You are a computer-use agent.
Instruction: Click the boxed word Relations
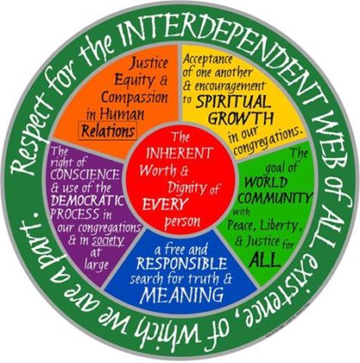pyautogui.click(x=108, y=131)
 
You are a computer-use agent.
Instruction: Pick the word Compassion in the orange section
pyautogui.click(x=135, y=98)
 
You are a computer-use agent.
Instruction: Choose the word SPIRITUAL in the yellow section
pyautogui.click(x=233, y=101)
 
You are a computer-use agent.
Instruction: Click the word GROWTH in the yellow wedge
pyautogui.click(x=241, y=118)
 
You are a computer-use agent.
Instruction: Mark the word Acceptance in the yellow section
pyautogui.click(x=207, y=59)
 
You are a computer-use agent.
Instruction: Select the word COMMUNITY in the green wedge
pyautogui.click(x=278, y=197)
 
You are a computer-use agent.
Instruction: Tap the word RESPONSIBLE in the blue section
pyautogui.click(x=182, y=263)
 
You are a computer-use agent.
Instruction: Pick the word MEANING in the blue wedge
pyautogui.click(x=183, y=294)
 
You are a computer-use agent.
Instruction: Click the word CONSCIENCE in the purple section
pyautogui.click(x=85, y=174)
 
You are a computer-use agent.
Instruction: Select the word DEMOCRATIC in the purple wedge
pyautogui.click(x=87, y=201)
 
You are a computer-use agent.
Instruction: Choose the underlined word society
pyautogui.click(x=108, y=241)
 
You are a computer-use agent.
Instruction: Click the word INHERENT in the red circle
pyautogui.click(x=179, y=154)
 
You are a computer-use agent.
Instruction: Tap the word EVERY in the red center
pyautogui.click(x=165, y=204)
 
